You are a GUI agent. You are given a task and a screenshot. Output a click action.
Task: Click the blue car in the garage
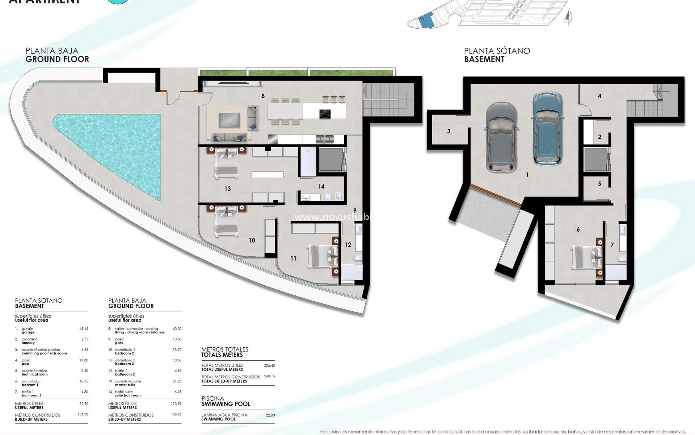(x=547, y=129)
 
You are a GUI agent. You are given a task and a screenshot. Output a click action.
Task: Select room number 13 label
(x=227, y=188)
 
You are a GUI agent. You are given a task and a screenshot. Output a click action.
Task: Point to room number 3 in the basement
(x=449, y=131)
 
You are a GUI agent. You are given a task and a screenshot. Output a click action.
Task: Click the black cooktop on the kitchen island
(x=325, y=114)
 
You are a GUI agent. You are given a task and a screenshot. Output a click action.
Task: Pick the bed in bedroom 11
(x=321, y=256)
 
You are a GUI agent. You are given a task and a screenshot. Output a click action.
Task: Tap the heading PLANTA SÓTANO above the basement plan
(x=497, y=51)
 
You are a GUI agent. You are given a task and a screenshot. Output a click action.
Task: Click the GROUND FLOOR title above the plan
(x=57, y=59)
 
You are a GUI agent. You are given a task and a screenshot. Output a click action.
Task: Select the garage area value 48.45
(x=84, y=329)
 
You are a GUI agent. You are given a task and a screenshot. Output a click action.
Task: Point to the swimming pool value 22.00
(x=270, y=415)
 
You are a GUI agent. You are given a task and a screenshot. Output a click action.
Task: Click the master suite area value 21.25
(x=177, y=381)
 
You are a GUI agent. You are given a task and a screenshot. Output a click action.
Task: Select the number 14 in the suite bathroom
(x=321, y=186)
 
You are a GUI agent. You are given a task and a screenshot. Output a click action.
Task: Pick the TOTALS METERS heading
(x=222, y=355)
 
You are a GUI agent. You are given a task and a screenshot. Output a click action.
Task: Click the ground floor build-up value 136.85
(x=176, y=414)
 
